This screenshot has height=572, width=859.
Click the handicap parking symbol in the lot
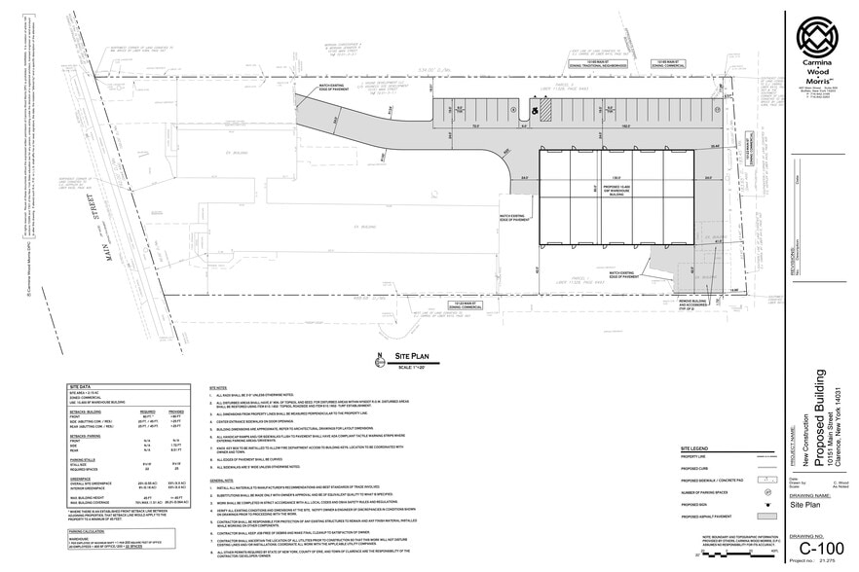point(534,110)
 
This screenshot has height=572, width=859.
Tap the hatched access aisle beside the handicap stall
point(546,112)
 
